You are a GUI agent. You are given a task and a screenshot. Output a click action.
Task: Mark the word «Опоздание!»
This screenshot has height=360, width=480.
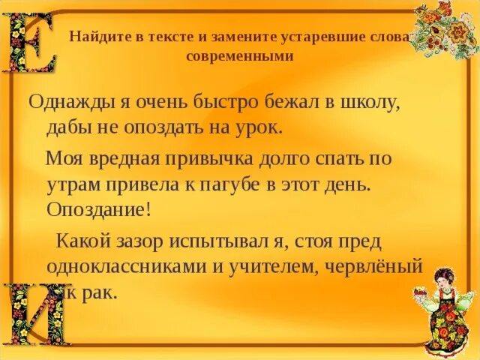tap(98, 208)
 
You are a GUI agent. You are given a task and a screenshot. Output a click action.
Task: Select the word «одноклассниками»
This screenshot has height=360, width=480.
tap(133, 266)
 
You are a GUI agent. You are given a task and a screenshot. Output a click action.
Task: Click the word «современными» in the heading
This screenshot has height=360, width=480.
tap(238, 55)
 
